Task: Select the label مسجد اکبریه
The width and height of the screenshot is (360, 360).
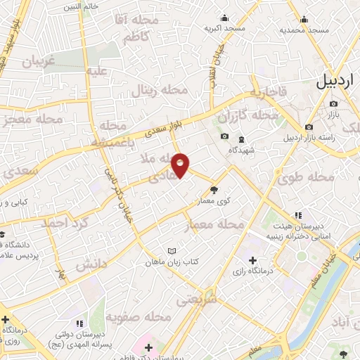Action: (x=224, y=28)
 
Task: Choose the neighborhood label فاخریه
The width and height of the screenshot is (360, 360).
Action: (x=267, y=92)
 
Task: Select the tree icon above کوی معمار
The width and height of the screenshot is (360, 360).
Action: (x=214, y=189)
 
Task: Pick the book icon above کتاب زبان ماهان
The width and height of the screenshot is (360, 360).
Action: (x=173, y=251)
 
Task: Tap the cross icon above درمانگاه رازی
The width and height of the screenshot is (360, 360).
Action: (x=253, y=261)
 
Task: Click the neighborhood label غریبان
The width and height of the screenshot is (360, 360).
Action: (x=38, y=60)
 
